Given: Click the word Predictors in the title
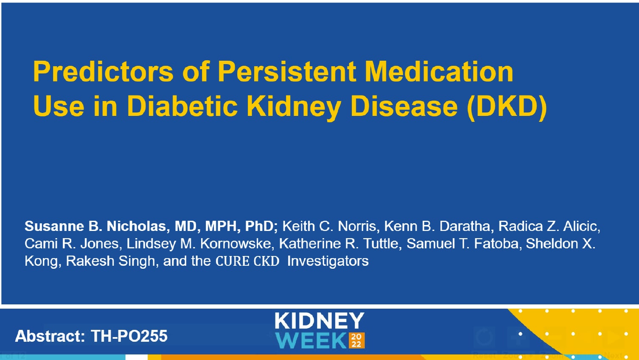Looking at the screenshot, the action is (x=103, y=71).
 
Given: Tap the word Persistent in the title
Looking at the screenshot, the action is (x=287, y=71).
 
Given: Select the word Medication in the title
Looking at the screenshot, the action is (x=439, y=71).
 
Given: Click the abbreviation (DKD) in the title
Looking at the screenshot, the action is (x=507, y=106).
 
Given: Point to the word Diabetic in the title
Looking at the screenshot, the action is (x=182, y=106).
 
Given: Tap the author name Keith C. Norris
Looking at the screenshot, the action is (x=329, y=226).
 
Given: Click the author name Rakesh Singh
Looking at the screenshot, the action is (x=110, y=261).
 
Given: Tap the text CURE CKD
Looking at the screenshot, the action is (x=247, y=261).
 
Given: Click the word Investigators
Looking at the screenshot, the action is (x=328, y=261).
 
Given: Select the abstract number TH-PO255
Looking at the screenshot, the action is (x=129, y=336).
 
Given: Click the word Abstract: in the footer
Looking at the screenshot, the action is (x=50, y=336).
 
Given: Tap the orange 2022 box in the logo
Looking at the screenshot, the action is (x=356, y=340).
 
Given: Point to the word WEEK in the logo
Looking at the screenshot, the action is (x=311, y=340).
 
